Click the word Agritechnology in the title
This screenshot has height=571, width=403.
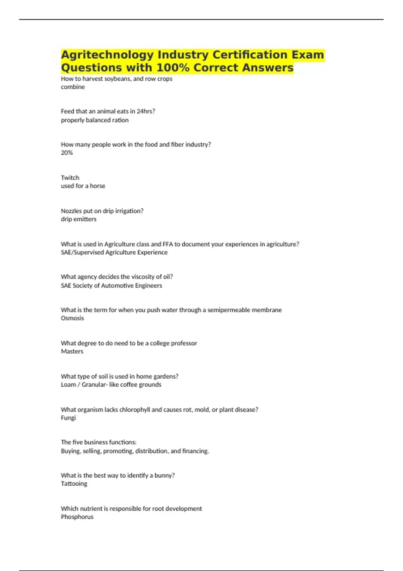107,55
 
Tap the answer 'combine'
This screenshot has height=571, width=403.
73,87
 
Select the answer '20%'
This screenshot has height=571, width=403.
66,153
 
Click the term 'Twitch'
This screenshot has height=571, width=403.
70,178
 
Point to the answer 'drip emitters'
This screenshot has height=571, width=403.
79,219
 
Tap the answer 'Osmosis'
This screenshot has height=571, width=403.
72,318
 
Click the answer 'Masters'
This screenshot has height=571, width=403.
72,351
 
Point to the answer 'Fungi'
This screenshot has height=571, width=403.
68,418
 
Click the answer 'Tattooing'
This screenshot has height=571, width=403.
74,484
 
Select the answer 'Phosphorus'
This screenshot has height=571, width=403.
77,517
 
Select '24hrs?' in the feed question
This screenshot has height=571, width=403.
146,112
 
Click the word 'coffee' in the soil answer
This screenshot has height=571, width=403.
129,385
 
